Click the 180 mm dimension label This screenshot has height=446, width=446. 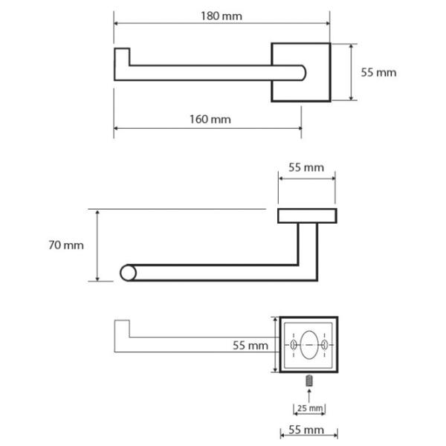222,16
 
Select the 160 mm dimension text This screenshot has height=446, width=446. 210,119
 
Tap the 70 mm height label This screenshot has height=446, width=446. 66,245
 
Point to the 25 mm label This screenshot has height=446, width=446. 310,408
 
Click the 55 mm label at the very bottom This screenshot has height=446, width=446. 306,430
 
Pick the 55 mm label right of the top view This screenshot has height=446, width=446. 378,73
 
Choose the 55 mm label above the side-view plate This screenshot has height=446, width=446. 306,167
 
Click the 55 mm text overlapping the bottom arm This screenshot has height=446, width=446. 251,346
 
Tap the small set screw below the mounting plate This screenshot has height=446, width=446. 309,381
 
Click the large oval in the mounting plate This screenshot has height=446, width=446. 309,345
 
